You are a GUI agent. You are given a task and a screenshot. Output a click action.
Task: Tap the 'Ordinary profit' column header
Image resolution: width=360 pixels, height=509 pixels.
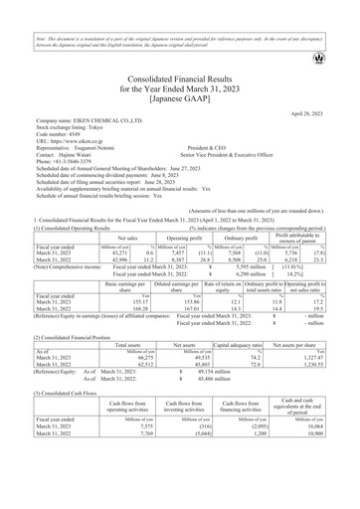click(235, 240)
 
